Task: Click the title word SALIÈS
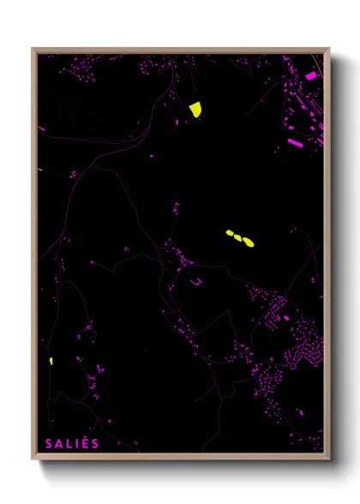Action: click(x=72, y=443)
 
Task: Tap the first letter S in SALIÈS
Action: click(x=49, y=443)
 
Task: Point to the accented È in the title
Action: click(x=85, y=443)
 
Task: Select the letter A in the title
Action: click(x=58, y=443)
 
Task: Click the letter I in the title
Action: click(x=75, y=443)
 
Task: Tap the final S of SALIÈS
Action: click(x=95, y=443)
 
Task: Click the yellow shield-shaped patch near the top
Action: click(x=195, y=109)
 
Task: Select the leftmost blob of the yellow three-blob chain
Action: click(x=229, y=232)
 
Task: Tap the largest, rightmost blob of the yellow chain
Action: click(x=248, y=243)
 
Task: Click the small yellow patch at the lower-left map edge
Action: click(x=51, y=361)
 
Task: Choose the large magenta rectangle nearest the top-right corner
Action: click(x=311, y=76)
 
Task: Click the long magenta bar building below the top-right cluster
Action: click(x=294, y=141)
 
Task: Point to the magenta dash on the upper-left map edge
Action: click(x=41, y=129)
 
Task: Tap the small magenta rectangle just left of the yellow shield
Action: click(x=177, y=123)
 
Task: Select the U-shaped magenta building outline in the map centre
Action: click(x=196, y=282)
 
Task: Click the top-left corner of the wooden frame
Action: click(x=33, y=48)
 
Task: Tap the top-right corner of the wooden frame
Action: click(x=329, y=48)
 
